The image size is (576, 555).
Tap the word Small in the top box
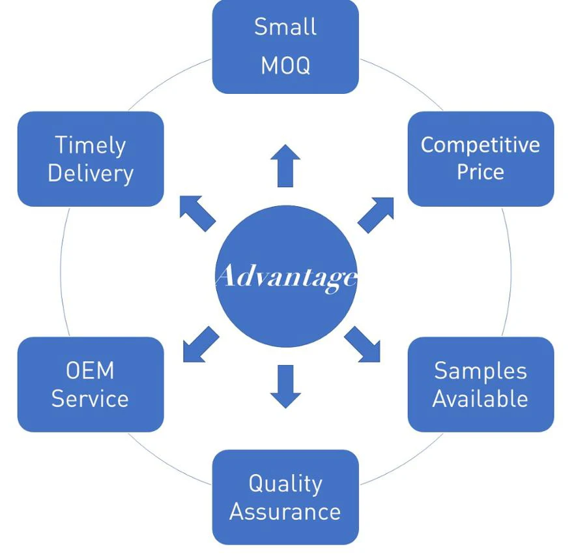(285, 27)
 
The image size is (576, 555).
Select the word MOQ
(285, 66)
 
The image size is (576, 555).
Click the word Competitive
(480, 145)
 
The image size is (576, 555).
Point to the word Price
(480, 173)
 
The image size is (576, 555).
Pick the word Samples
(480, 370)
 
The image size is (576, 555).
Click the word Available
(480, 398)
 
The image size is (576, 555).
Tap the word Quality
(285, 483)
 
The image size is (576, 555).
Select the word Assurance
(285, 511)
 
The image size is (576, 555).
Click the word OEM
(90, 370)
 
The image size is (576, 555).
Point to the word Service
(90, 398)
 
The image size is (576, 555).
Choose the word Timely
(90, 145)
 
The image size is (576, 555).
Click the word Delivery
(90, 173)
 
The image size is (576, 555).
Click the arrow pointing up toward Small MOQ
(285, 165)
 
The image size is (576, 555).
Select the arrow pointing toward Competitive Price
(376, 214)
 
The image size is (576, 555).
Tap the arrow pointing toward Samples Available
(363, 344)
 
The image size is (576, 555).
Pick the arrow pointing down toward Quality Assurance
(285, 386)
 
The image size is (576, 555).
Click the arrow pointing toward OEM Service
(200, 344)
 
